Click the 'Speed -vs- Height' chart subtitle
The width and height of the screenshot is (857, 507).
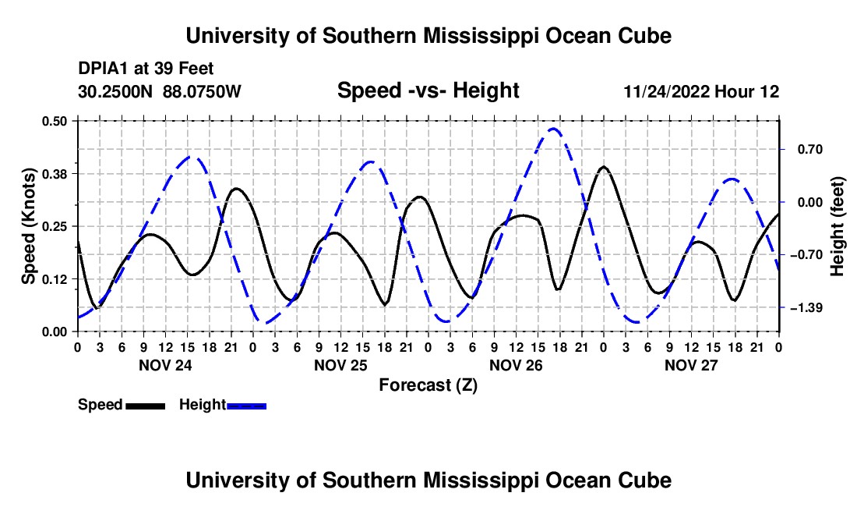click(428, 90)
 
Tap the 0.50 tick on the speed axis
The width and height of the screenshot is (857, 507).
click(55, 121)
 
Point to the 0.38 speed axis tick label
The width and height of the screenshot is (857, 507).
click(55, 174)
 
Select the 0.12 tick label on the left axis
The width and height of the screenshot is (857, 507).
click(55, 279)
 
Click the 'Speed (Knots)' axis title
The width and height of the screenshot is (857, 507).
click(28, 226)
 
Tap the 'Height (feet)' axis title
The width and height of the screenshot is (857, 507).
click(837, 226)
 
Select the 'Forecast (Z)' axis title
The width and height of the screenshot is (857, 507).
click(428, 385)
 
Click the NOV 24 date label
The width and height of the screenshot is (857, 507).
click(166, 365)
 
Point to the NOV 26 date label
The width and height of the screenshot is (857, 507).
click(516, 365)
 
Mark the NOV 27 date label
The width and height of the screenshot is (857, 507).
click(691, 365)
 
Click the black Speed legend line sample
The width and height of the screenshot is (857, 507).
click(146, 406)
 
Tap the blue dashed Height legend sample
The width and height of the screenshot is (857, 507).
click(246, 406)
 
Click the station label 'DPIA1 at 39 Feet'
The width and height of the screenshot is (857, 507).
click(146, 69)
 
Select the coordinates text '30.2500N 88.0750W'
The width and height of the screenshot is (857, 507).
click(160, 91)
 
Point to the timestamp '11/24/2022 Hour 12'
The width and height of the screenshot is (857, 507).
click(701, 91)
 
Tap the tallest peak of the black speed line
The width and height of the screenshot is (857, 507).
click(603, 166)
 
